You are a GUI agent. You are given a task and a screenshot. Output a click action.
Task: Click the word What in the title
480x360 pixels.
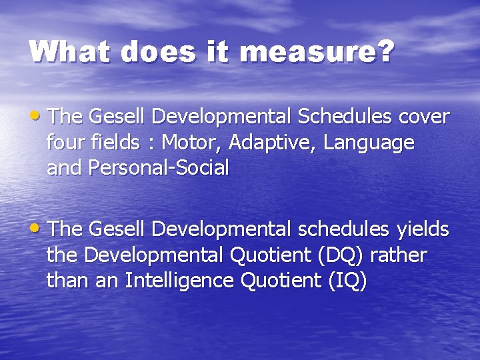tap(70, 51)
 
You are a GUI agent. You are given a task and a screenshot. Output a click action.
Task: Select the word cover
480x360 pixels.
tap(424, 117)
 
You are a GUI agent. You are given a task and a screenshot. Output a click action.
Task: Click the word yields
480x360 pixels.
tap(423, 230)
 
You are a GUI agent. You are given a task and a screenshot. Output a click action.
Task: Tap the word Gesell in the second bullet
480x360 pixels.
tap(117, 230)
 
